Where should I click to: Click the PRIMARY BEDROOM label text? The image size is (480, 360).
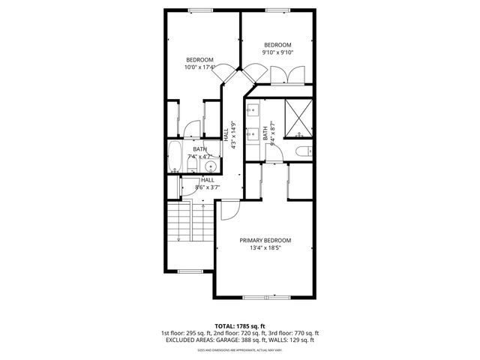click(x=265, y=241)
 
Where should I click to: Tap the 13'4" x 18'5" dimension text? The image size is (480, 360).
click(x=265, y=249)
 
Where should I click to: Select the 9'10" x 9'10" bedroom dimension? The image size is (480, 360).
click(x=277, y=52)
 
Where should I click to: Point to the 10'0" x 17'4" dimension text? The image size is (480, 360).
click(x=199, y=67)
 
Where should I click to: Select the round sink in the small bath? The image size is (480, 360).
click(x=211, y=166)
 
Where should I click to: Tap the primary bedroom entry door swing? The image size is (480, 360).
click(x=227, y=211)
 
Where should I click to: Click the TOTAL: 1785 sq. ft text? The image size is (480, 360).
click(x=240, y=326)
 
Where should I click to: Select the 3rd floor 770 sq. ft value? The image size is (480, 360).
click(x=305, y=333)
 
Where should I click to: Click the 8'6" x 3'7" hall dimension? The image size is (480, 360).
click(x=206, y=187)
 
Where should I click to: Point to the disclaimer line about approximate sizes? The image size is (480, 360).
click(x=240, y=350)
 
